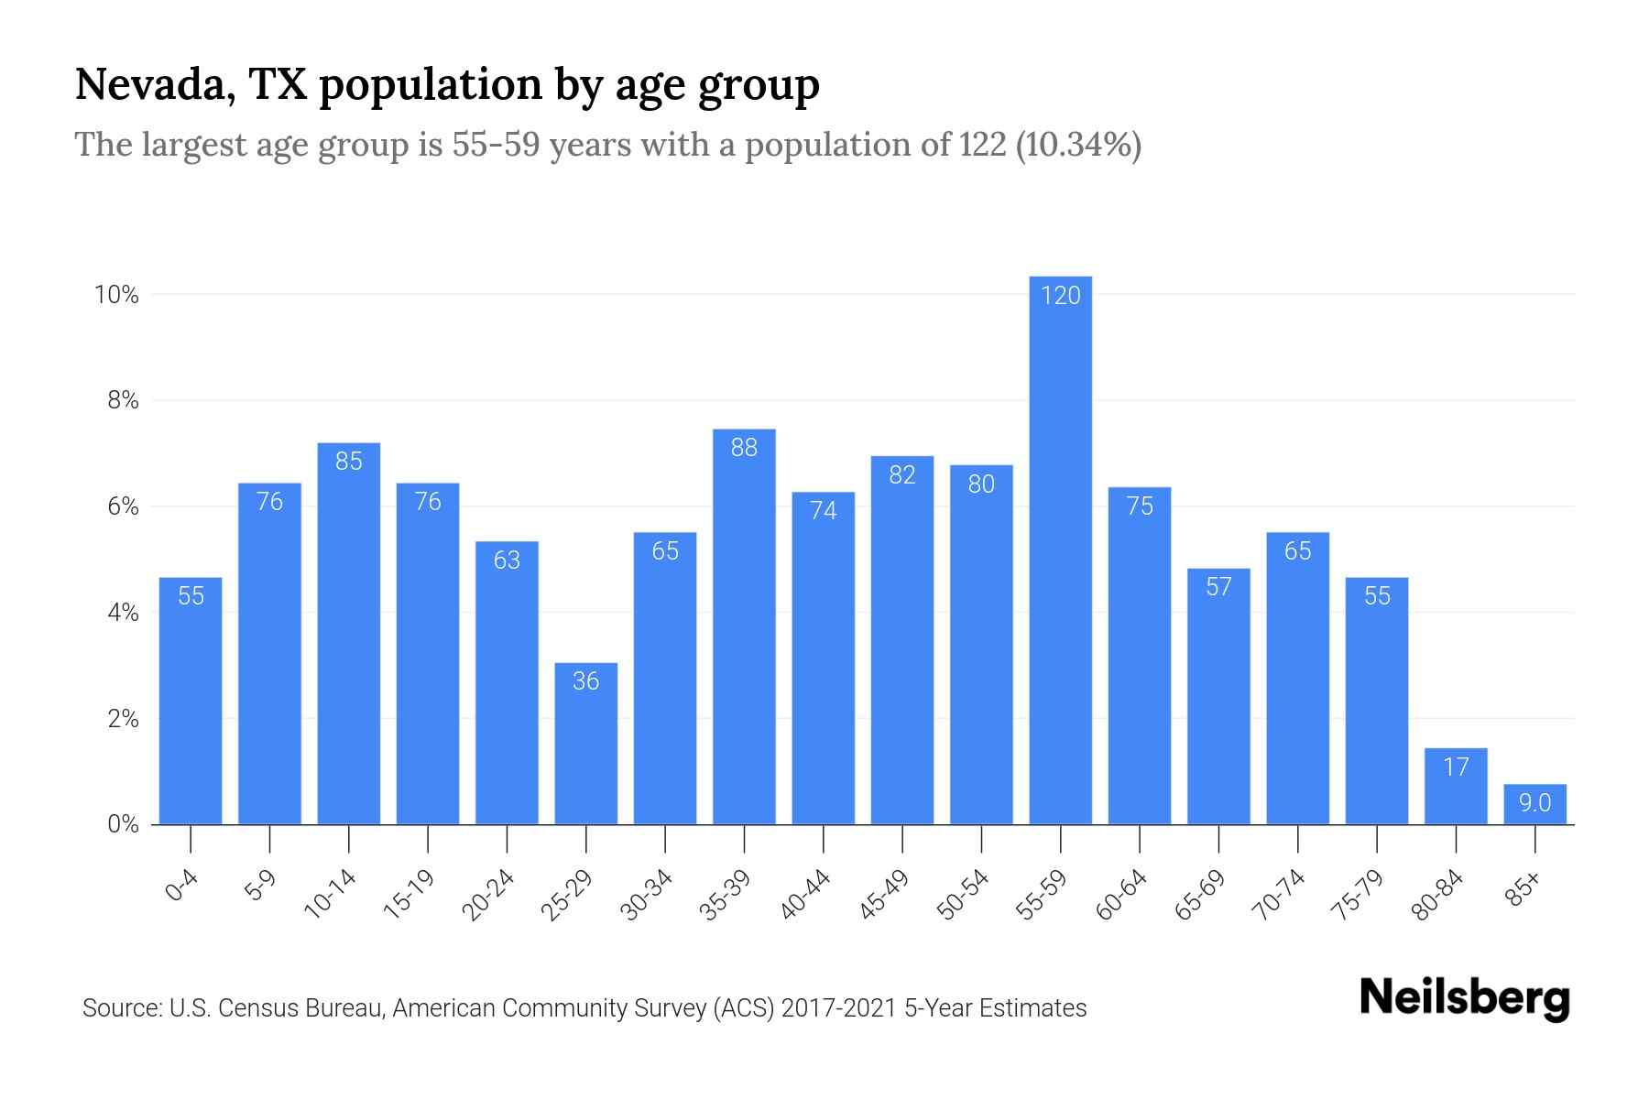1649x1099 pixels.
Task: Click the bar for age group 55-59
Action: coord(1060,549)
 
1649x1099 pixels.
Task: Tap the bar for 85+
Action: coord(1534,804)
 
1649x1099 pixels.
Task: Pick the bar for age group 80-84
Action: coord(1456,786)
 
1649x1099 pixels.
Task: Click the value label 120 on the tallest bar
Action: coord(1060,295)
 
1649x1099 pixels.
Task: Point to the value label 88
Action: coord(744,448)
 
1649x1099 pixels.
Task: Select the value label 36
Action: coord(585,680)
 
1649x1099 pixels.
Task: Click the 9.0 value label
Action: coord(1534,803)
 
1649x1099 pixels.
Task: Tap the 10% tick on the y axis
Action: coord(116,295)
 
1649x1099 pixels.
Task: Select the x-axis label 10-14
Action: coord(331,895)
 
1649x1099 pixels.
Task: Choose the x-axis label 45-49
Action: coord(885,895)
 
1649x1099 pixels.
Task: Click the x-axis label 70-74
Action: coord(1281,895)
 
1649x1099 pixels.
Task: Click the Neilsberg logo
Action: coord(1464,998)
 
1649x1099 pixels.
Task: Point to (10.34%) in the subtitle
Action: coord(1077,145)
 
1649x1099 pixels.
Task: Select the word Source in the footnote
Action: coord(119,1008)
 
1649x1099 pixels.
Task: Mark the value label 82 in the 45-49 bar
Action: coord(902,474)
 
